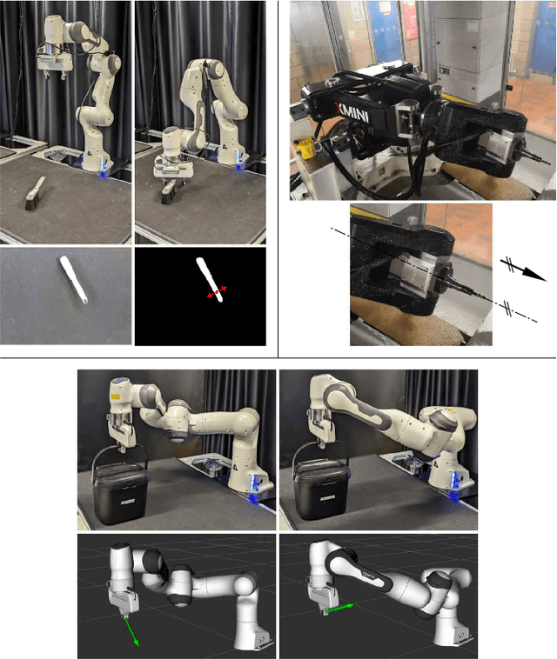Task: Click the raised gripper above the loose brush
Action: coord(54,63)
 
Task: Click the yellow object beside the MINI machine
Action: coord(306,149)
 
